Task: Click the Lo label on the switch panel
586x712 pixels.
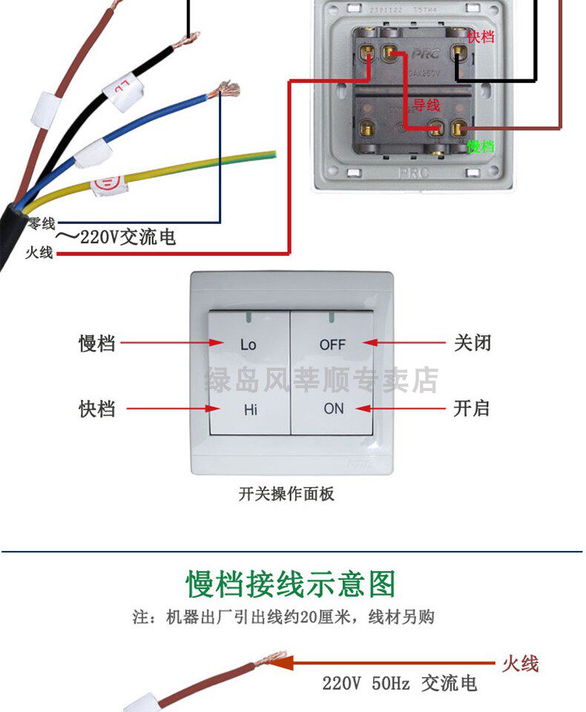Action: [248, 344]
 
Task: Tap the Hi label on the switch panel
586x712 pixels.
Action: [250, 409]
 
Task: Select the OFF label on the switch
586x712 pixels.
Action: [333, 344]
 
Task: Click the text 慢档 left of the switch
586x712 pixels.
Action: [97, 343]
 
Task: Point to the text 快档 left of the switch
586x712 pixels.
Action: [97, 409]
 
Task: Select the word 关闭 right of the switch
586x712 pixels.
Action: [473, 343]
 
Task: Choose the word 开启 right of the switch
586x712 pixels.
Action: [472, 409]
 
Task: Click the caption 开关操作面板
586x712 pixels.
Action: [286, 494]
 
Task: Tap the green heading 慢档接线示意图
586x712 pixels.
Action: [291, 584]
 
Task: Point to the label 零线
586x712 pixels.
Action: [42, 223]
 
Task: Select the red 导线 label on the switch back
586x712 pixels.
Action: [427, 105]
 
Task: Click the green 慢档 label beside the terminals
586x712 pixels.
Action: [481, 146]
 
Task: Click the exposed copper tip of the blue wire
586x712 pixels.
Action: [226, 91]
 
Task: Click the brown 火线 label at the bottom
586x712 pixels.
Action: [520, 663]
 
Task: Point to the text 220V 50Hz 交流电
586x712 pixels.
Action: [399, 683]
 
